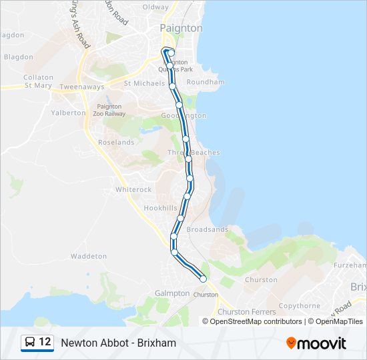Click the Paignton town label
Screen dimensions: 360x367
[181, 28]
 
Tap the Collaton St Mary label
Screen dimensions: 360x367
[38, 81]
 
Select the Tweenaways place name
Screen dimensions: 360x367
[81, 87]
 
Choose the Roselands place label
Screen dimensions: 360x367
[116, 143]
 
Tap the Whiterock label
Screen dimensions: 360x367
[133, 189]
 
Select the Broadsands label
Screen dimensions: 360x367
[207, 229]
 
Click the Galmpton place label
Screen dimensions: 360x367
[172, 293]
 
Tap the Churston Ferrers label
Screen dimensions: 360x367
[243, 312]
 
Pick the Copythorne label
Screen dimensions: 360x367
[300, 306]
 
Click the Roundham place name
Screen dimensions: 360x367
[206, 83]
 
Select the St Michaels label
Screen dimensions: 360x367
[145, 83]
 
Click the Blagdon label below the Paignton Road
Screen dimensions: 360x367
[18, 57]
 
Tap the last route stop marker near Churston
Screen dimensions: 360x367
[203, 279]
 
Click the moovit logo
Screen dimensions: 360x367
[316, 343]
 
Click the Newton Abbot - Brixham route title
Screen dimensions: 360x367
[118, 343]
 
